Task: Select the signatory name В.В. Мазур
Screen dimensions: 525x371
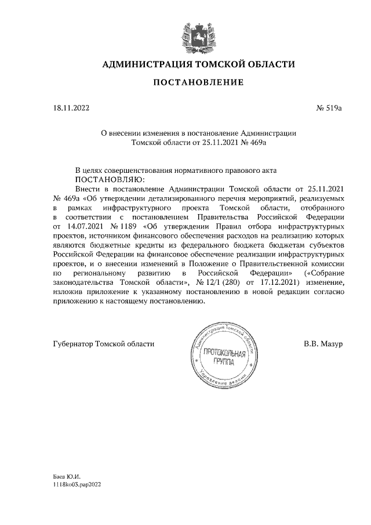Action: tap(323, 344)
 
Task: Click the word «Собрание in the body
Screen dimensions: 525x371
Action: tap(326, 273)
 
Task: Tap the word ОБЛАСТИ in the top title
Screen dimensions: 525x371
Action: tap(270, 64)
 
